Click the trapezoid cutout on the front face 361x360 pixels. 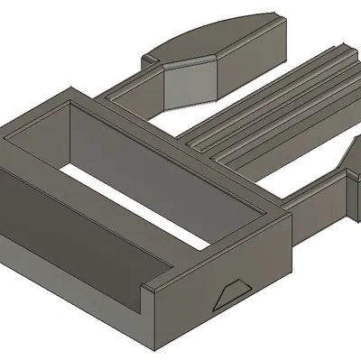(231, 293)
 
